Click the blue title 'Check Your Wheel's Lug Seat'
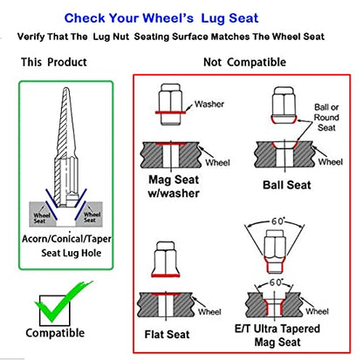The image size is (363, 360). click(161, 18)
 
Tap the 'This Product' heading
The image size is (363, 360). click(54, 62)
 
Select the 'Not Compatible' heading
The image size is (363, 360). click(244, 62)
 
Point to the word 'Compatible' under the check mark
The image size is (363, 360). click(55, 333)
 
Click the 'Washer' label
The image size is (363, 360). click(209, 104)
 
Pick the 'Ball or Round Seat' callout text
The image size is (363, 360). click(326, 118)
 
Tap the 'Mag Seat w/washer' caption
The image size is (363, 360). click(174, 187)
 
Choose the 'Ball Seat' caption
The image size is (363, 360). click(287, 185)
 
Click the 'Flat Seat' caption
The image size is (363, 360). click(167, 335)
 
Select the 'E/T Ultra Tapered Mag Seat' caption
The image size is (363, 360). click(277, 336)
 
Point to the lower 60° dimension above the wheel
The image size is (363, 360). click(276, 282)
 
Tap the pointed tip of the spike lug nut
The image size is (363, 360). click(66, 88)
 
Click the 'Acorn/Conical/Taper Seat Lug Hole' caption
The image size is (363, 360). click(66, 246)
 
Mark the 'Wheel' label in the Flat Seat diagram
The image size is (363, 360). click(209, 312)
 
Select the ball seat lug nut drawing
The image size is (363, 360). click(284, 105)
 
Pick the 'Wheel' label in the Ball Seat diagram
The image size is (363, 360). click(331, 162)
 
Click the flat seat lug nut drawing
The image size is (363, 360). click(165, 259)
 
